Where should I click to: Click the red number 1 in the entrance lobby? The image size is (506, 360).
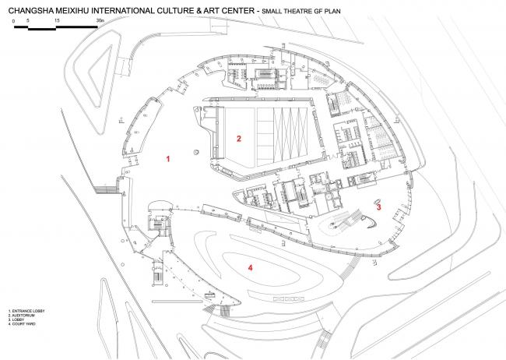coord(168,158)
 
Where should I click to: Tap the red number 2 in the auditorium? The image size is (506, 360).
coord(239,139)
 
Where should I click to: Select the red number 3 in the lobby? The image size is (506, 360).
coord(378,208)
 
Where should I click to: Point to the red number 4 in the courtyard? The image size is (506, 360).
coord(251,268)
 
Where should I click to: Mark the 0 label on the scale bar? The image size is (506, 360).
coord(14,17)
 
